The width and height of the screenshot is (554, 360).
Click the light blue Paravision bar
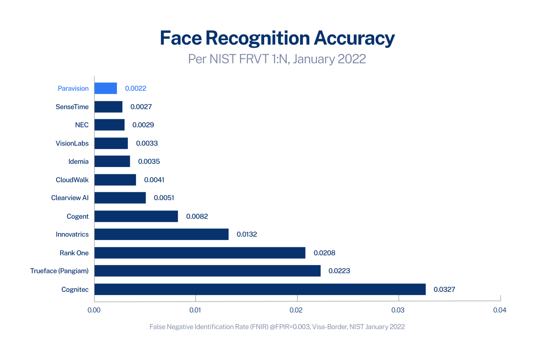tap(105, 88)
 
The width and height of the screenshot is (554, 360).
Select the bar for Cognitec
tap(260, 289)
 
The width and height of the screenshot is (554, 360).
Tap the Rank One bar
tap(200, 253)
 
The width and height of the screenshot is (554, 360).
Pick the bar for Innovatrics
tap(161, 234)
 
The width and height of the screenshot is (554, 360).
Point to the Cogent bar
tap(136, 216)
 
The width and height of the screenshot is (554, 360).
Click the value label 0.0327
tap(444, 289)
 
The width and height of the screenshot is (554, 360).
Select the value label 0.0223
tap(339, 271)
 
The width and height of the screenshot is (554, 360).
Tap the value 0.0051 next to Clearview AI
tap(164, 198)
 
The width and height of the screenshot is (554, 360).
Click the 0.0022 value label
tap(136, 89)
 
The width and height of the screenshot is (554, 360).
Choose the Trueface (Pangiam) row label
tap(59, 271)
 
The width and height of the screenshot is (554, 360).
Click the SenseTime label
tap(72, 107)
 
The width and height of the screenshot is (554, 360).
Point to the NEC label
tap(82, 125)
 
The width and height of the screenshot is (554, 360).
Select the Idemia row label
tap(78, 162)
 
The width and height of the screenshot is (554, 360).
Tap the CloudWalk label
tap(72, 180)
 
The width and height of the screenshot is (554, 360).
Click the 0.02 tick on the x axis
tap(296, 310)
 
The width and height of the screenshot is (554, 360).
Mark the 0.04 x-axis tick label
tap(499, 310)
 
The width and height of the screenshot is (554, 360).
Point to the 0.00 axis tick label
tap(94, 310)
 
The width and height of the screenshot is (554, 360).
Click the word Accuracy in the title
tap(354, 38)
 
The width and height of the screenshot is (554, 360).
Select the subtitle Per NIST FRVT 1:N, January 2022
tap(277, 59)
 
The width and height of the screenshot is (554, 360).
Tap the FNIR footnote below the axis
tap(277, 327)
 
